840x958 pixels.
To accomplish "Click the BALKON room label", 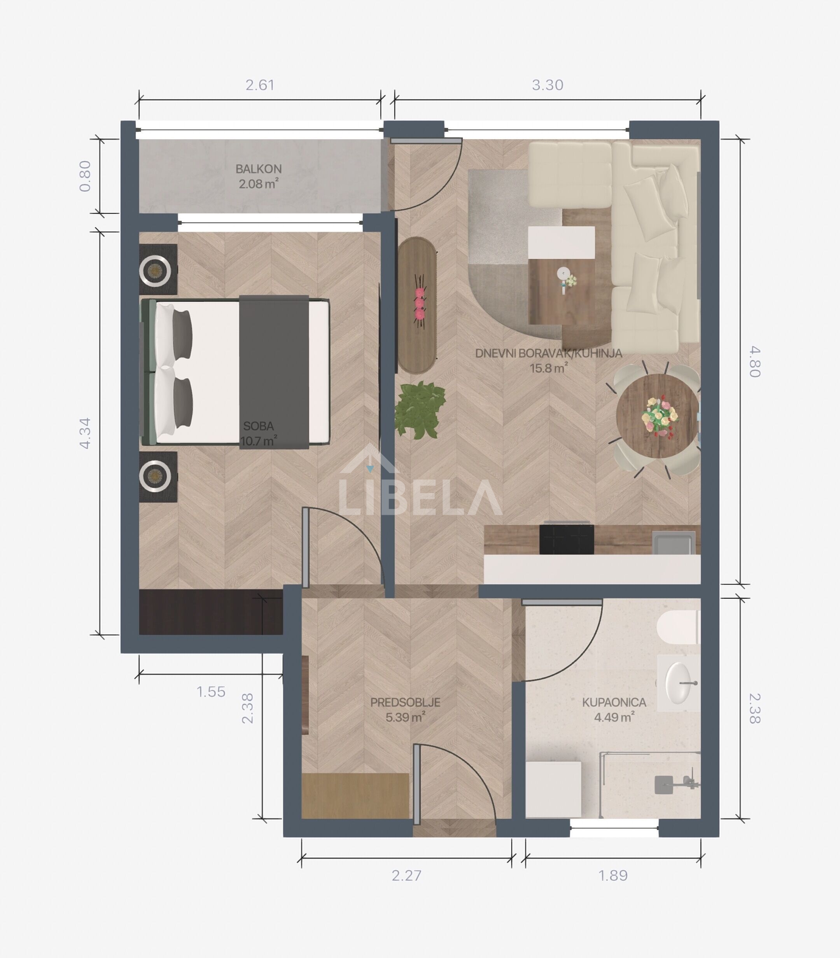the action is coord(258,169).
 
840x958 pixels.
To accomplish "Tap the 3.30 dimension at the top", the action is coord(548,85).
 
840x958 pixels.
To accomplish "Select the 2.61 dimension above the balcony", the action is coord(260,85).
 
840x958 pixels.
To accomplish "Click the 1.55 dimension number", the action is coord(211,692).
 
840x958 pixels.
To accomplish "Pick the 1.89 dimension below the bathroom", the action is coord(613,876).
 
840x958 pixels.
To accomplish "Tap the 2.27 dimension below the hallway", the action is coord(406,876).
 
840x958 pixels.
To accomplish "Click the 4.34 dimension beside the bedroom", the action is coord(85,434).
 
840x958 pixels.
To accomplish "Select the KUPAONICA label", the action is coord(614,702).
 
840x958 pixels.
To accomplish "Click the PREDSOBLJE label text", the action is coord(406,702).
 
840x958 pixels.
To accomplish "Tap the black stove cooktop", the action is coord(567,540).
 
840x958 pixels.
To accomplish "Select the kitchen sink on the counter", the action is coord(673,542).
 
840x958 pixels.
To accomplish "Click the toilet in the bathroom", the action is coord(678,628).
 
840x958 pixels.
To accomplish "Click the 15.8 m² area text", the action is coord(549,368).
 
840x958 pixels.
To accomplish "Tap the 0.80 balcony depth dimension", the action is coord(85,176).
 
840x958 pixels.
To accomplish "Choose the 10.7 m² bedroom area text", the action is coord(258,441).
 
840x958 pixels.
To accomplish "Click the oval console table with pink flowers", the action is coord(418,305).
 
